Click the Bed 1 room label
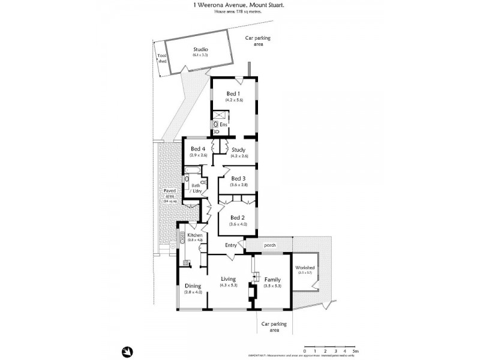pyautogui.click(x=233, y=94)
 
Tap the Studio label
pyautogui.click(x=200, y=49)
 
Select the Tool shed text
pyautogui.click(x=161, y=59)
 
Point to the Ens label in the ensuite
pyautogui.click(x=224, y=124)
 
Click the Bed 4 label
pyautogui.click(x=199, y=149)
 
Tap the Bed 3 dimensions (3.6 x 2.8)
pyautogui.click(x=239, y=185)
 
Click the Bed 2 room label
pyautogui.click(x=238, y=217)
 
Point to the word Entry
pyautogui.click(x=231, y=245)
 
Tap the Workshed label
pyautogui.click(x=305, y=268)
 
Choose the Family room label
pyautogui.click(x=272, y=279)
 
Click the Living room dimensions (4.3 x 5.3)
pyautogui.click(x=229, y=286)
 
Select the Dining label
pyautogui.click(x=193, y=286)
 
